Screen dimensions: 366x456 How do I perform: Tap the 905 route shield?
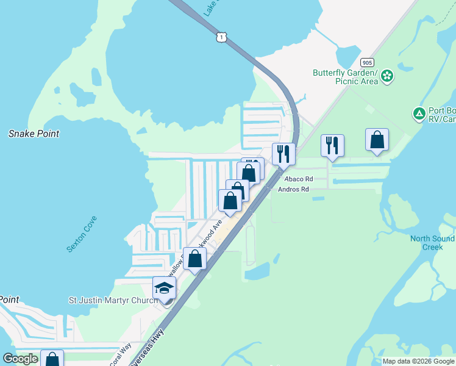pyautogui.click(x=367, y=62)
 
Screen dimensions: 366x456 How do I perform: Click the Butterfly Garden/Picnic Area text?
pyautogui.click(x=345, y=77)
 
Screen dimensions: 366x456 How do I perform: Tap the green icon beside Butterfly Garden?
pyautogui.click(x=388, y=76)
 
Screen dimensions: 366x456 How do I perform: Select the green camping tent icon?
pyautogui.click(x=419, y=113)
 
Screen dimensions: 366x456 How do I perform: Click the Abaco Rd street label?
pyautogui.click(x=298, y=179)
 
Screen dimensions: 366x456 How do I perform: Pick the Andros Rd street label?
pyautogui.click(x=293, y=189)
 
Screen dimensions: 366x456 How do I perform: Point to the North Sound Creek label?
pyautogui.click(x=432, y=243)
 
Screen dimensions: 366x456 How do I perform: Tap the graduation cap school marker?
pyautogui.click(x=164, y=289)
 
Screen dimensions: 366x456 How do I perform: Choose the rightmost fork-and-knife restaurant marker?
pyautogui.click(x=332, y=146)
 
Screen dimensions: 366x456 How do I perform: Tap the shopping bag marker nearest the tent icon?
pyautogui.click(x=377, y=140)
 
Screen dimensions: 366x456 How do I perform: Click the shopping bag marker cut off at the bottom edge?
pyautogui.click(x=52, y=359)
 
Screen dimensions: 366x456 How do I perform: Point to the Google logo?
pyautogui.click(x=21, y=359)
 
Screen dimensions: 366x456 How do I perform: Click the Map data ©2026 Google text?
pyautogui.click(x=418, y=361)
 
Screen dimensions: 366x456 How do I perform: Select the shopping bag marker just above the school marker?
pyautogui.click(x=195, y=259)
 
